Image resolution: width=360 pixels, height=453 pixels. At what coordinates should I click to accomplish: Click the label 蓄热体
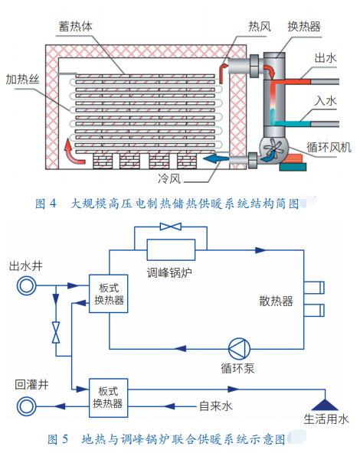[76, 26]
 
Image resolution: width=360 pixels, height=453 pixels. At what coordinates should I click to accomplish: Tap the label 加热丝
[22, 79]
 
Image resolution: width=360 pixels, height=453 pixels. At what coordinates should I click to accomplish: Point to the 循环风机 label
[329, 148]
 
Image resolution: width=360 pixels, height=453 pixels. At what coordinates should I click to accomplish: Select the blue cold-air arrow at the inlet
[216, 158]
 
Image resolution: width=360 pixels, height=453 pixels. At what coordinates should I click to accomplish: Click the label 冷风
[169, 178]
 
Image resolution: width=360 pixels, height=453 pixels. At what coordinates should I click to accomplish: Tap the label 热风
[260, 27]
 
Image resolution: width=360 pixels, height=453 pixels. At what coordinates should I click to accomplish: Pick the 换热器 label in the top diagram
[304, 27]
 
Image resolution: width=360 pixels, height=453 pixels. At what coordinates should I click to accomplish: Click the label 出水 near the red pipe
[326, 58]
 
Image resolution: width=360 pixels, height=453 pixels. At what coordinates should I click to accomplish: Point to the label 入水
[326, 101]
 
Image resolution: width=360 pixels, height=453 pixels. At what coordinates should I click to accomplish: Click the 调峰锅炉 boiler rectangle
[171, 249]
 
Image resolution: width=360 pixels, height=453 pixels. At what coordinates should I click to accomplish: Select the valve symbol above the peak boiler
[171, 226]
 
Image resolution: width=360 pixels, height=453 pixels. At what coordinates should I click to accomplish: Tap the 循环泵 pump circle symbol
[239, 349]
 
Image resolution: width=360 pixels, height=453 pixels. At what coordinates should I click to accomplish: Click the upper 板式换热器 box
[109, 294]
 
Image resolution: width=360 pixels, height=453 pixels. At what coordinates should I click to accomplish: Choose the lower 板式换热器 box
[109, 398]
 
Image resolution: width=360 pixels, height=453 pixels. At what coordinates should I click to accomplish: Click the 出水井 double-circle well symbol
[26, 286]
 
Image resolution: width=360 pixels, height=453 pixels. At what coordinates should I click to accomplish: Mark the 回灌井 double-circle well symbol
[26, 406]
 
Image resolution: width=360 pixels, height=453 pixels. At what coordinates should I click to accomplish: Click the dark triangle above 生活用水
[325, 405]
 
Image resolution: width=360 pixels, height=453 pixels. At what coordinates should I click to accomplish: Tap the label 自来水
[216, 406]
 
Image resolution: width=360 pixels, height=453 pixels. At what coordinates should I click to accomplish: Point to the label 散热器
[276, 301]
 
